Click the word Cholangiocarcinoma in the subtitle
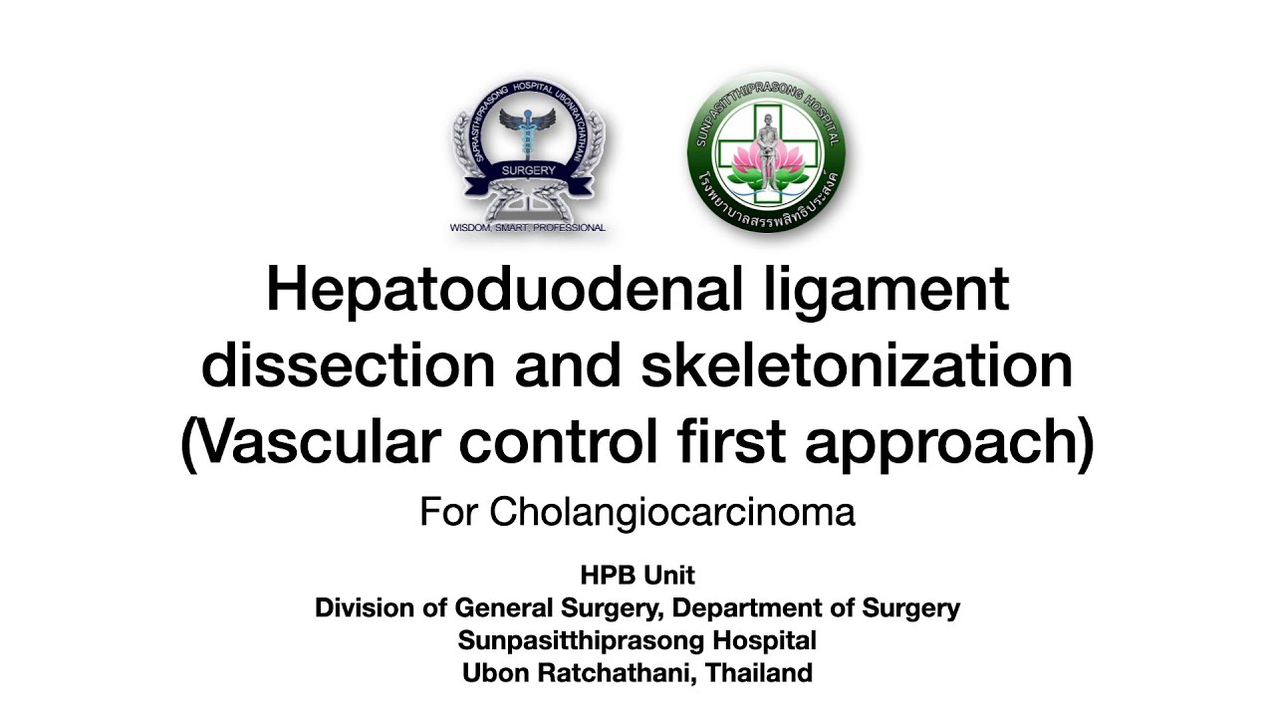(672, 513)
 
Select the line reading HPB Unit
(637, 576)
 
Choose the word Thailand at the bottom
(760, 673)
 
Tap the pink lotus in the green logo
(767, 161)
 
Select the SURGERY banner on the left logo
(528, 171)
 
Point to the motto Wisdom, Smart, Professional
(528, 228)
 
